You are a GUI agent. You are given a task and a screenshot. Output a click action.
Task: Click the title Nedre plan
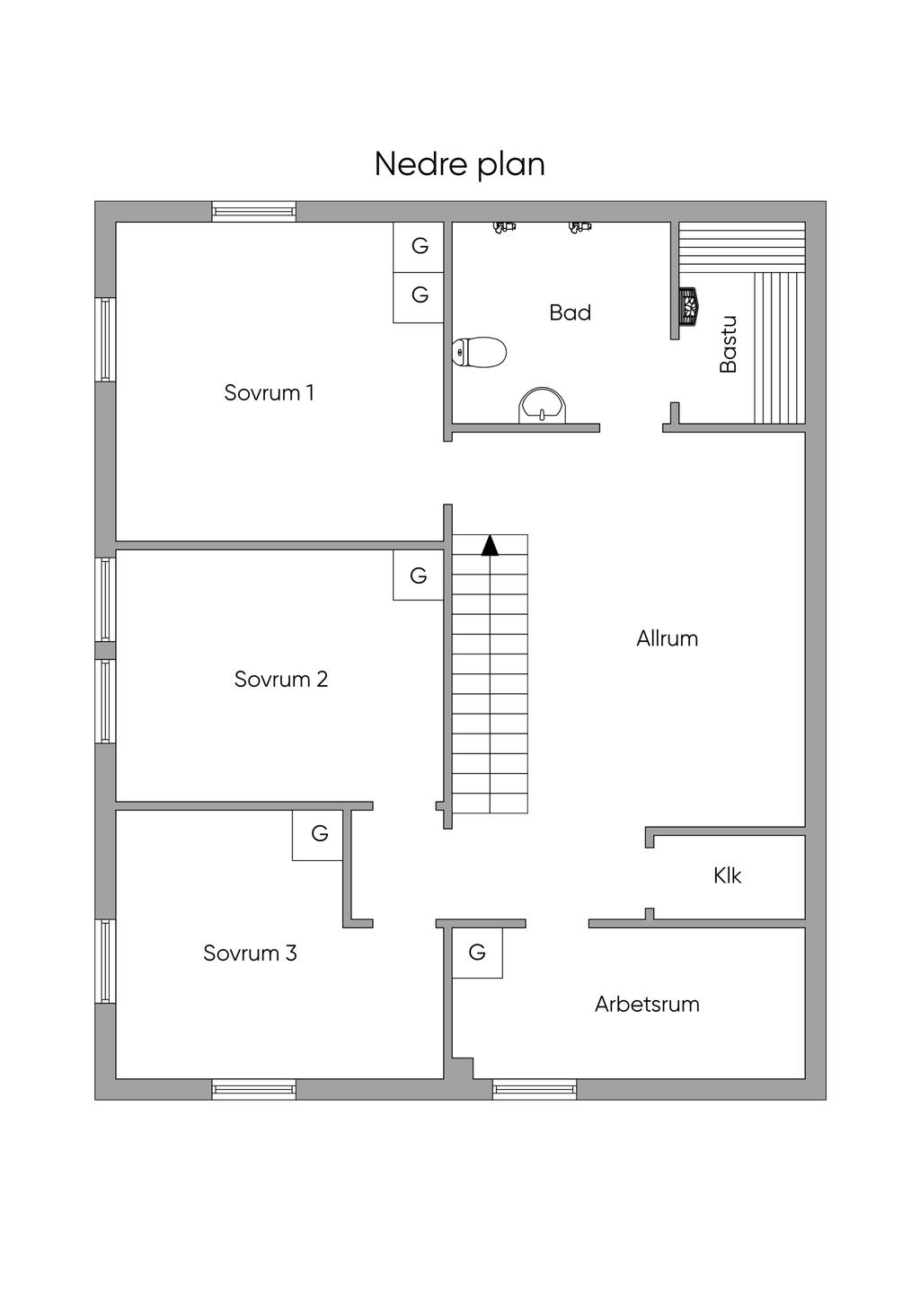coord(459,164)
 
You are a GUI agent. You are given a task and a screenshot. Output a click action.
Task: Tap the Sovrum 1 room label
coord(269,392)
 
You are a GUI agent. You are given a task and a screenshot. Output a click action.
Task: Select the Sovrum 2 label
coord(280,679)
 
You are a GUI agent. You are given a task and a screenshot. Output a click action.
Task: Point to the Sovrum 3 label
coord(250,953)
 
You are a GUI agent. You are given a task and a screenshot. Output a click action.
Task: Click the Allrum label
coord(667,638)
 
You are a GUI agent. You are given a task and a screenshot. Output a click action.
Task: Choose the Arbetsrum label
coord(647,1004)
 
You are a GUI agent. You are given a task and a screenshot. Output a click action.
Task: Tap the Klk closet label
coord(727,875)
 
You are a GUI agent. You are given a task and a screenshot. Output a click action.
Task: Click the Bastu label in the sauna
coord(728,344)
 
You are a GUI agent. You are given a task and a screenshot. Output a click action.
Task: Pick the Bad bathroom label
coord(570,312)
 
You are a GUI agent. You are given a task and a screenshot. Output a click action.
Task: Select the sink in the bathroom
coord(543,406)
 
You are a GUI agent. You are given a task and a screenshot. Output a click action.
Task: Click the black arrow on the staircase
coord(490,545)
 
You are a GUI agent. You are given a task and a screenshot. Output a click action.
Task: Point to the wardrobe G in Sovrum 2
coord(418,575)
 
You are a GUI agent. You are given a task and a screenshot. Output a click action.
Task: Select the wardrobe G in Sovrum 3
coord(319,834)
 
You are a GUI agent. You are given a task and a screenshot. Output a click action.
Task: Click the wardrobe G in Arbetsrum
coord(477,952)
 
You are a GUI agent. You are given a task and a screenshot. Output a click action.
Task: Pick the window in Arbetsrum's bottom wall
coord(535,1089)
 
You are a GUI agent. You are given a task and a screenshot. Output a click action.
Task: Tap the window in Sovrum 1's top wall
coord(253,212)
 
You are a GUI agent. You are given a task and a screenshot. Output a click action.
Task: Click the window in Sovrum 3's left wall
coord(105,961)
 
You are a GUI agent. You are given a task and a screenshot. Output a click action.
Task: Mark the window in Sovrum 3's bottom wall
coord(253,1089)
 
